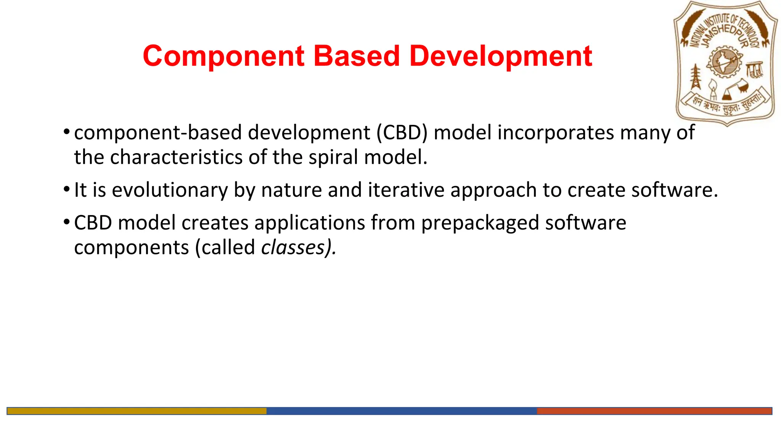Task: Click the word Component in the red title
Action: point(223,57)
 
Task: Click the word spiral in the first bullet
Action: point(333,157)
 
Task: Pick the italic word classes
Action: point(293,247)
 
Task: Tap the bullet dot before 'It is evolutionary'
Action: point(67,189)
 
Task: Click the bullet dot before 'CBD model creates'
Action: point(67,222)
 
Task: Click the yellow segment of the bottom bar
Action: point(137,411)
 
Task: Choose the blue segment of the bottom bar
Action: point(401,411)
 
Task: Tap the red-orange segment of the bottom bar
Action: point(654,411)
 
